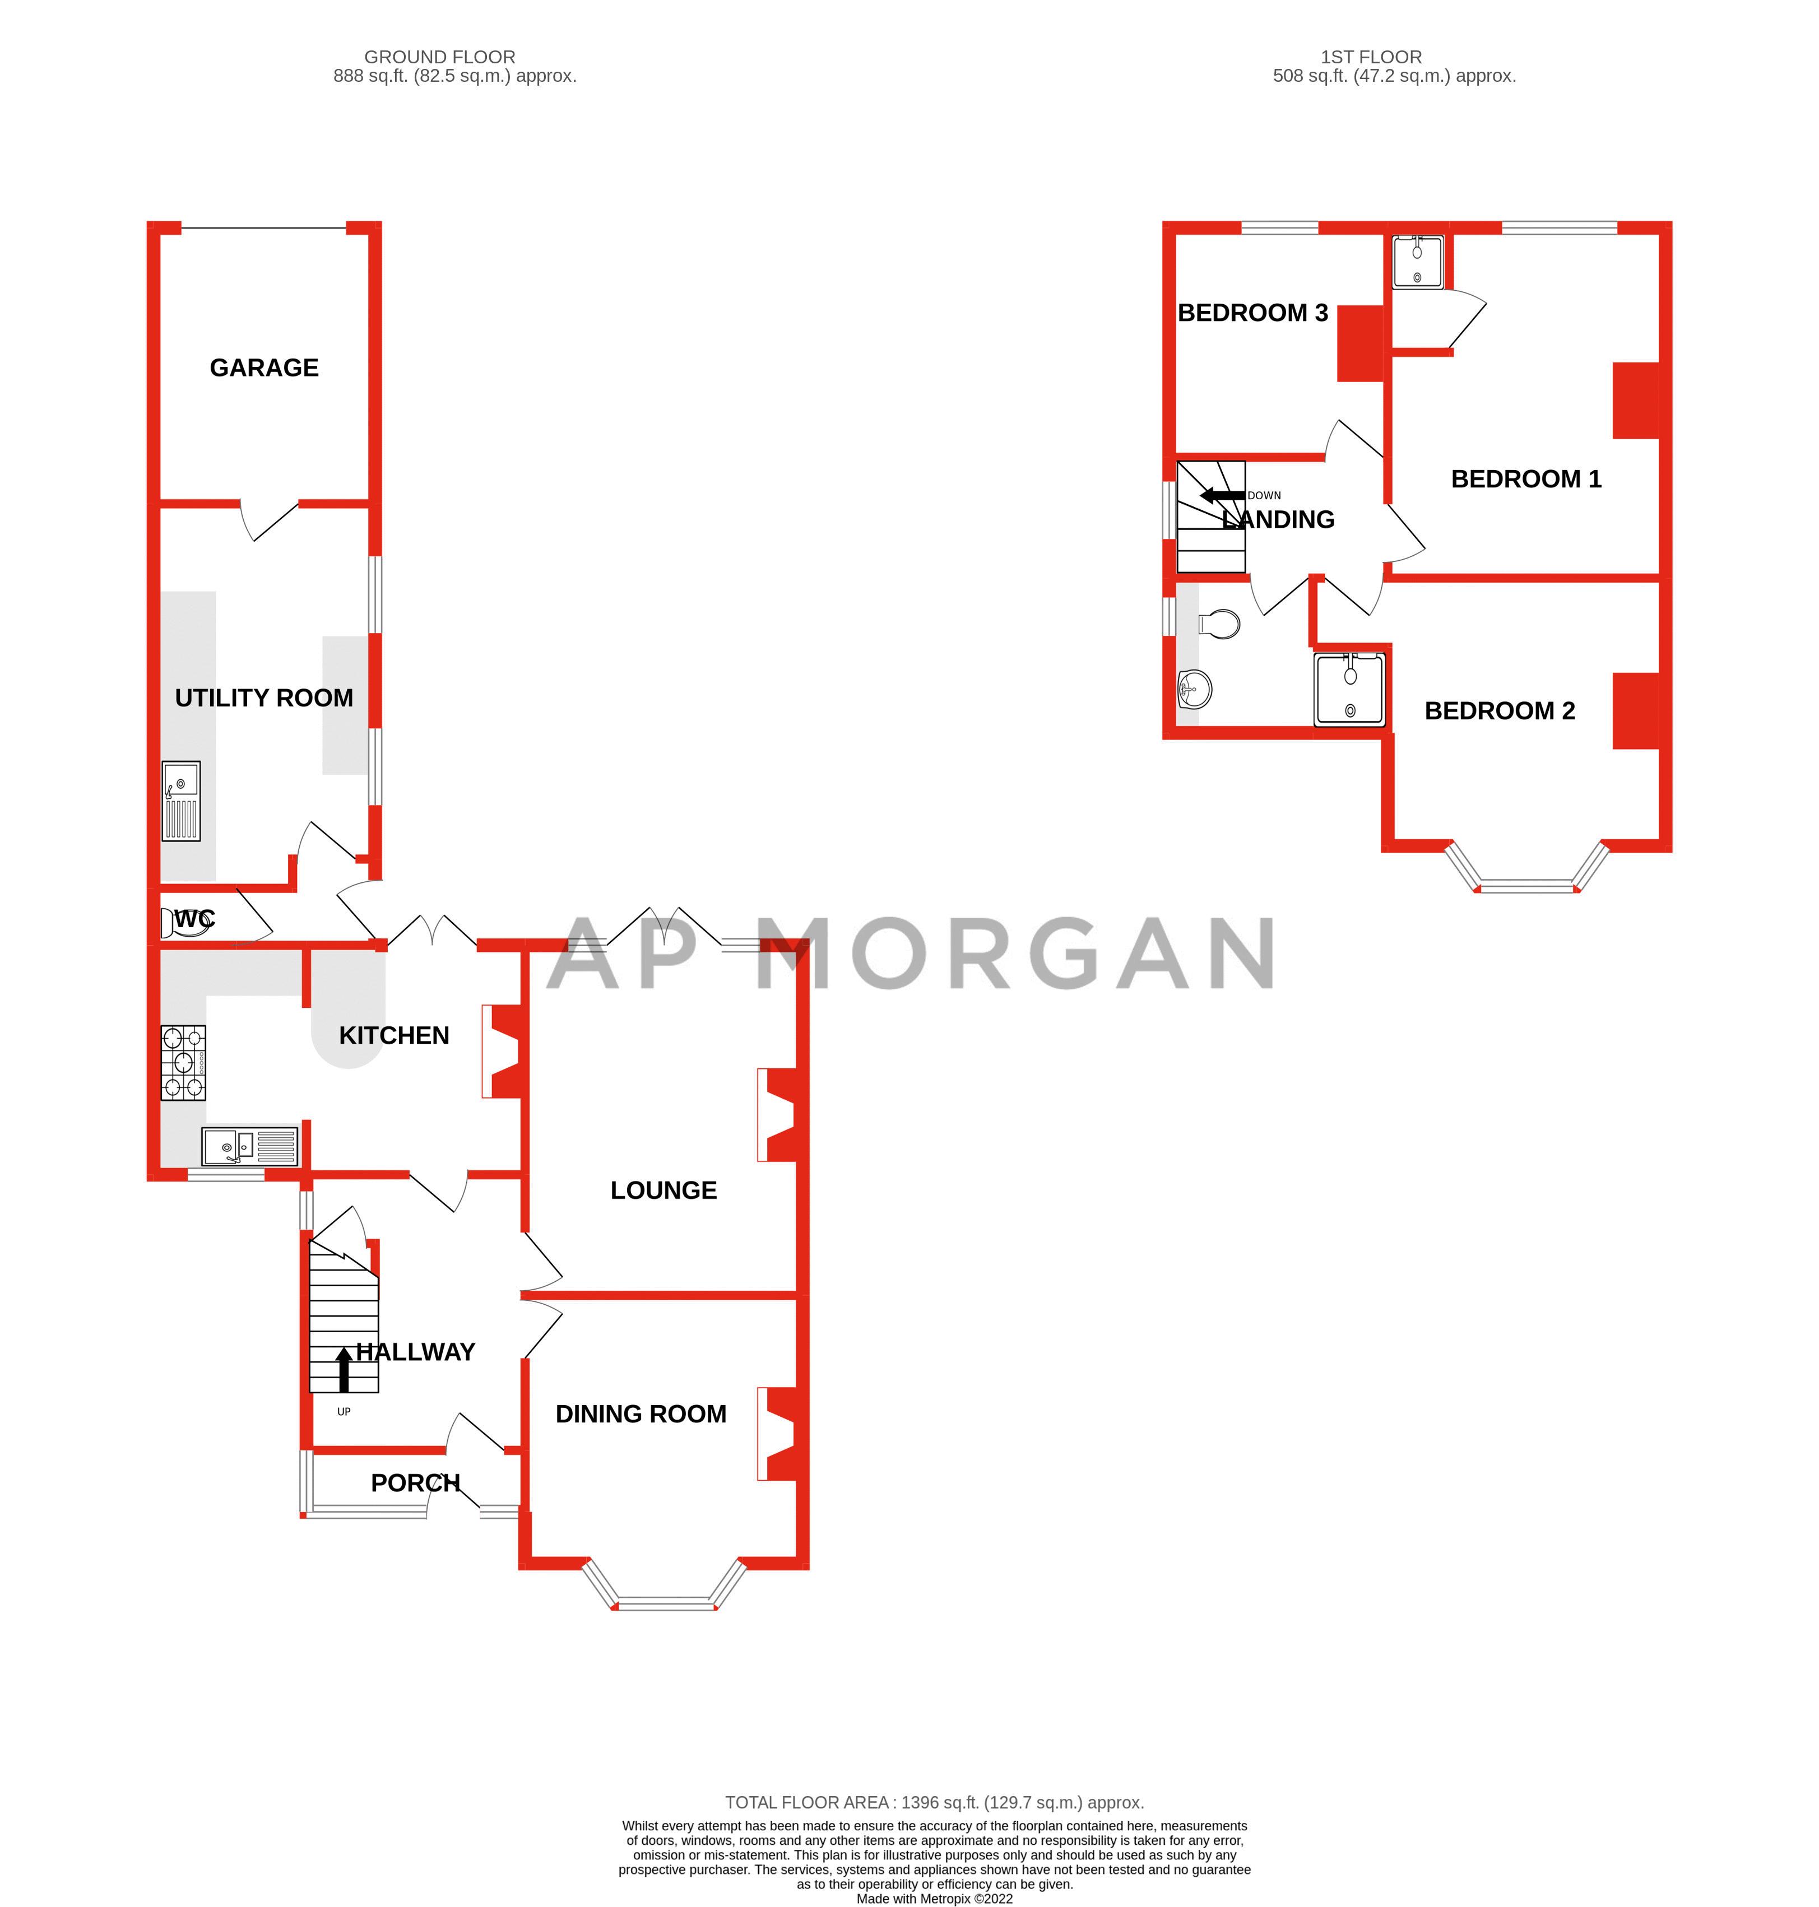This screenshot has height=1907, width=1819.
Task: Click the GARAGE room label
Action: (x=264, y=368)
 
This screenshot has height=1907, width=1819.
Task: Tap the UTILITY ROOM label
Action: (x=264, y=698)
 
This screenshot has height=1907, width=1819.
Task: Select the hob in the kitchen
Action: (x=183, y=1063)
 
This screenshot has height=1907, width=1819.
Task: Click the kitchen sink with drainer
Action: (x=250, y=1147)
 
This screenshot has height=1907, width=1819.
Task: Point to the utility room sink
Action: (x=182, y=801)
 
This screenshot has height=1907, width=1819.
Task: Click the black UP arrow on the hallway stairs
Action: (x=344, y=1370)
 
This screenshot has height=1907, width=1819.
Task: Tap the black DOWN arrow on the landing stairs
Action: (x=1222, y=495)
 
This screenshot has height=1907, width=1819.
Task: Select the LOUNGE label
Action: (x=663, y=1190)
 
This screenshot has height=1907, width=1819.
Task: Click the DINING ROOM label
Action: (x=641, y=1415)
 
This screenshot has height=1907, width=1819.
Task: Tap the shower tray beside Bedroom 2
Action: (x=1350, y=689)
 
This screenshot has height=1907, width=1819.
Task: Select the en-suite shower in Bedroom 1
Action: (x=1418, y=262)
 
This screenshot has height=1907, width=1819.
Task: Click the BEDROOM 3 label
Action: (x=1253, y=313)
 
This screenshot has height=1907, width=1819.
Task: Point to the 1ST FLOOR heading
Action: (x=1371, y=57)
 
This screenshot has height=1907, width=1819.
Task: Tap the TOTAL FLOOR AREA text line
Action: (x=935, y=1802)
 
